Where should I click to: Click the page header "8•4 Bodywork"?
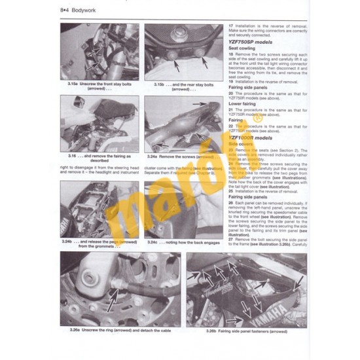(78, 11)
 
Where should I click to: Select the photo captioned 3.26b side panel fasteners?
(245, 289)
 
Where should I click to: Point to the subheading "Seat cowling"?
(243, 48)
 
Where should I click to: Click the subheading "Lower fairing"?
(243, 103)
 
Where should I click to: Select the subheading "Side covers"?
(242, 145)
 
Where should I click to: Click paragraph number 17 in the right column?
(231, 24)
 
